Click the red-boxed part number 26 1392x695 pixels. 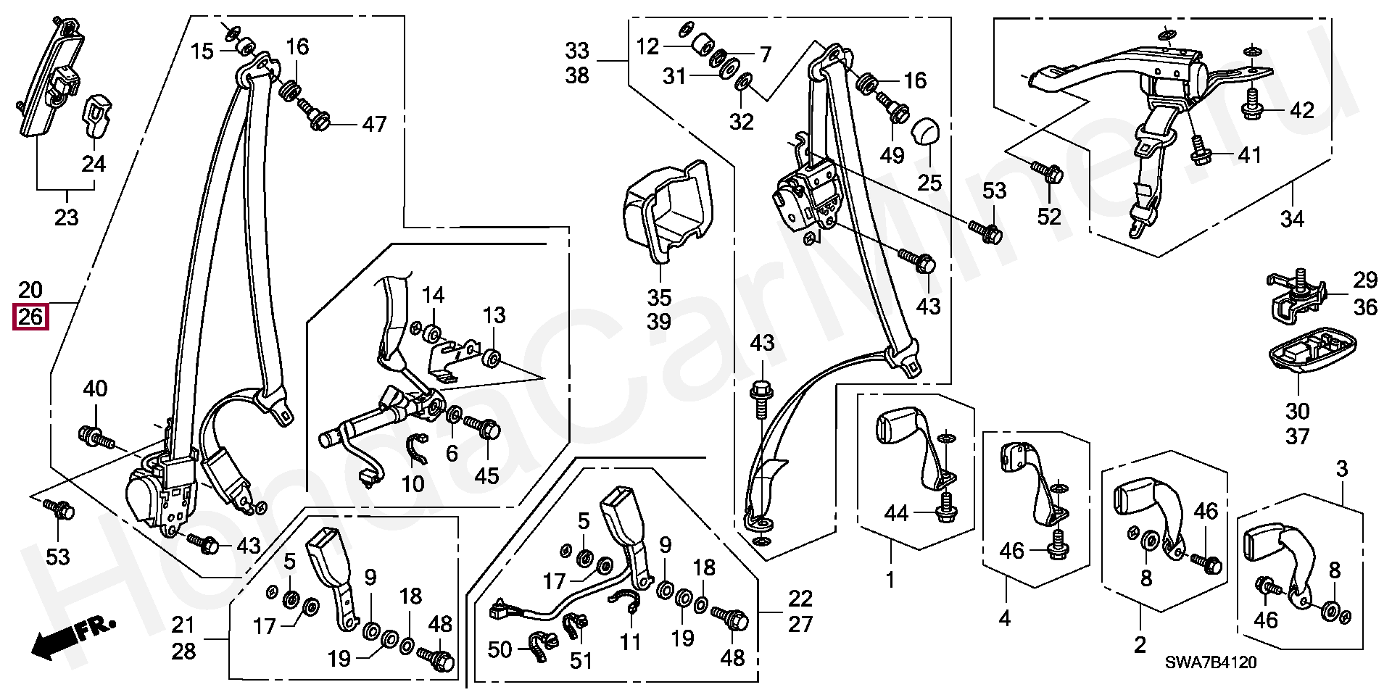click(x=30, y=317)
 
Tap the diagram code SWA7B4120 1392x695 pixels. click(x=1211, y=662)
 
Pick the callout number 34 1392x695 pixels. click(x=1292, y=217)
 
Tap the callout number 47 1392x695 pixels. click(x=374, y=124)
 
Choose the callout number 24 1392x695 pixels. click(x=94, y=164)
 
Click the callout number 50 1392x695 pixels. click(x=500, y=649)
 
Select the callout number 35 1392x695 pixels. click(x=659, y=297)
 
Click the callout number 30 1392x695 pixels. click(x=1298, y=412)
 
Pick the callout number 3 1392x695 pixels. click(x=1341, y=469)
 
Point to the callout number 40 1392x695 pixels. click(x=95, y=388)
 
